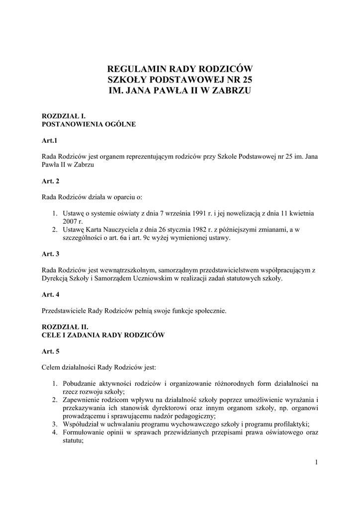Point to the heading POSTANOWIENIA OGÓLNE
click(x=89, y=124)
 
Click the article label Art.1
click(x=50, y=141)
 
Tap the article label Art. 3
click(x=51, y=254)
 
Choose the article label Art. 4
click(x=51, y=294)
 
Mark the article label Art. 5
click(x=51, y=351)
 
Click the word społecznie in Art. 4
click(x=210, y=311)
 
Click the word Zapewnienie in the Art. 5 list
click(x=80, y=400)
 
